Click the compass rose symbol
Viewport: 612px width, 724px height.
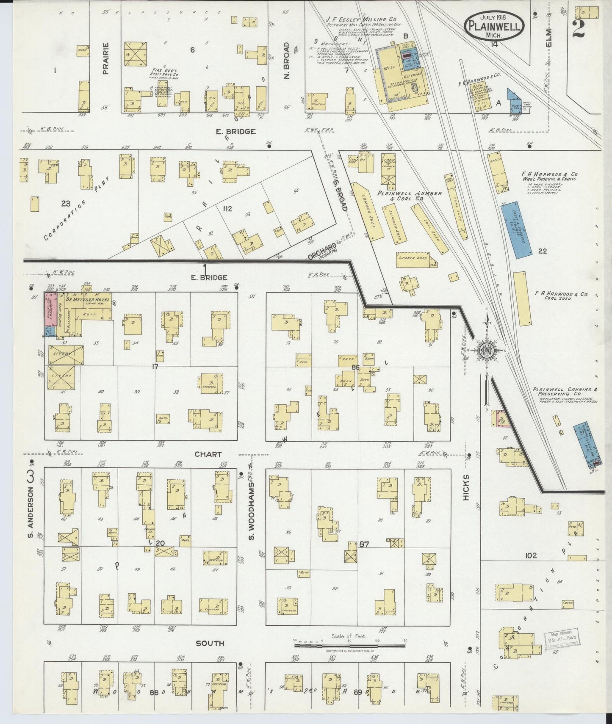coord(487,351)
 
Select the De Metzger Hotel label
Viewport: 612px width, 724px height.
coord(88,300)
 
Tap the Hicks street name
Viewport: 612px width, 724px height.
coord(466,487)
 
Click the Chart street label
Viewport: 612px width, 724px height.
coord(208,454)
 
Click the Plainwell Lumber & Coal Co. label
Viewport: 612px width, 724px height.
coord(410,196)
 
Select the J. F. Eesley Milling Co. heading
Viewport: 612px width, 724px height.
coord(367,19)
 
